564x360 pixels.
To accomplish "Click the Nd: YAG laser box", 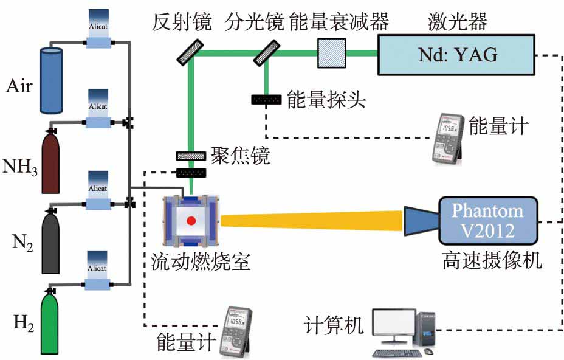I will click(457, 55).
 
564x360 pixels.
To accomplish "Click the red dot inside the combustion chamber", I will click(192, 221).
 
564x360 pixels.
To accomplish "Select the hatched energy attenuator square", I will click(331, 54).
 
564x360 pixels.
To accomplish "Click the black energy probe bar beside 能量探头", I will click(266, 99).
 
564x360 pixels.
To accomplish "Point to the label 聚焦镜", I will click(240, 156).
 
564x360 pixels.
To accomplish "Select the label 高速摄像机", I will click(492, 261).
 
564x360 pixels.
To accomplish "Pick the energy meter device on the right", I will click(450, 139).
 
